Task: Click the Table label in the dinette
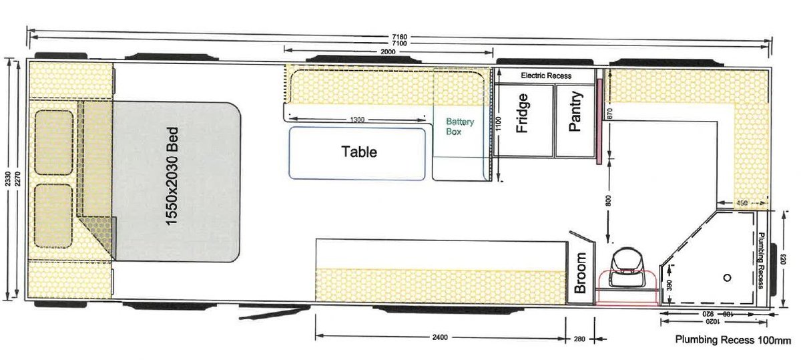(359, 152)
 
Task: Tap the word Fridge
(522, 113)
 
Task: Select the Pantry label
(575, 112)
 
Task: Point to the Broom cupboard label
(580, 273)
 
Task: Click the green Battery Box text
(460, 127)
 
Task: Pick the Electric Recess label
(546, 75)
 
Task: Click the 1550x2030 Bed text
(172, 176)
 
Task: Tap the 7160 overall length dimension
(399, 37)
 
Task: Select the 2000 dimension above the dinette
(388, 51)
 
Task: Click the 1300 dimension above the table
(357, 120)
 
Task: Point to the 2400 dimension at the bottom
(440, 337)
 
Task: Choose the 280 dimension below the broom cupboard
(579, 339)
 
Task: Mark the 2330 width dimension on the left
(8, 179)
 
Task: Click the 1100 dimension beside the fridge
(499, 124)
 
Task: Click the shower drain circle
(727, 278)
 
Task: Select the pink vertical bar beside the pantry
(599, 122)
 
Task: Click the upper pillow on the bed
(54, 142)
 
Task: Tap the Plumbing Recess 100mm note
(733, 339)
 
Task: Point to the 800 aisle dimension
(609, 200)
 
